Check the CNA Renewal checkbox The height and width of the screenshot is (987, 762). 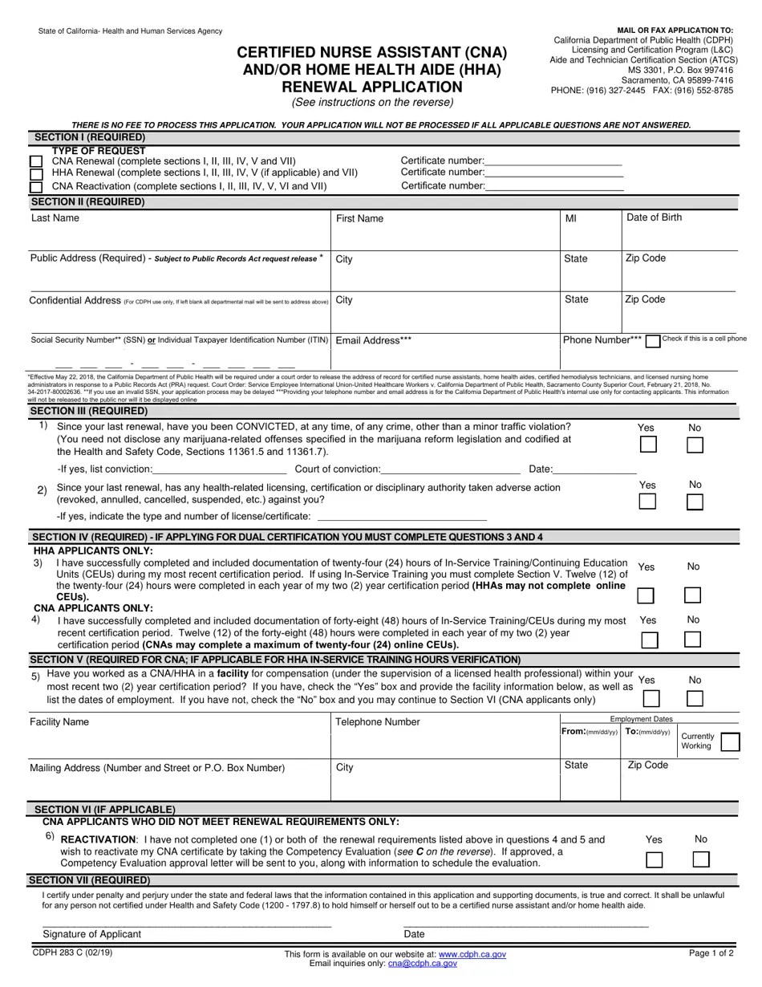36,161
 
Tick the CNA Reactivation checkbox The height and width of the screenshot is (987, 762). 36,187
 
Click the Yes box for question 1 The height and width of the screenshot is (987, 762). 647,445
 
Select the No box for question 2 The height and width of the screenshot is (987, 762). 695,502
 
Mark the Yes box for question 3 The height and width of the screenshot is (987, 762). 645,595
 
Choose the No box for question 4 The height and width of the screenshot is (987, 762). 692,640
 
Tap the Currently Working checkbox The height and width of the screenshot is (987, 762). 729,742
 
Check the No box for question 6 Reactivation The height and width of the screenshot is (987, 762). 700,859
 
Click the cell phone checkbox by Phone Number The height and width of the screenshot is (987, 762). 653,341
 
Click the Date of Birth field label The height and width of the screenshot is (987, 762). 654,217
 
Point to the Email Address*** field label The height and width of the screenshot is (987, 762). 373,340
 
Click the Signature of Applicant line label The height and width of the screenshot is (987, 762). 91,934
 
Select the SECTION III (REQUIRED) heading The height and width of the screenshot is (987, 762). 88,411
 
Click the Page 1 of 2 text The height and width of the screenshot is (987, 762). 711,953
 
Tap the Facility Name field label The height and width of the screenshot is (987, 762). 59,722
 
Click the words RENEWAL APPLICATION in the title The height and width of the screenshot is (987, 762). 371,87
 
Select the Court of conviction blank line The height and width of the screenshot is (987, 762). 451,469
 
